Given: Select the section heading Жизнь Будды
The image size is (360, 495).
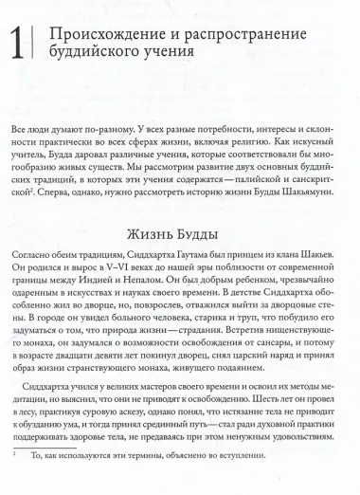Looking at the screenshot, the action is pyautogui.click(x=180, y=233).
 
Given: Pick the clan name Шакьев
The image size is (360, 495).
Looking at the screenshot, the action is pyautogui.click(x=317, y=258).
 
